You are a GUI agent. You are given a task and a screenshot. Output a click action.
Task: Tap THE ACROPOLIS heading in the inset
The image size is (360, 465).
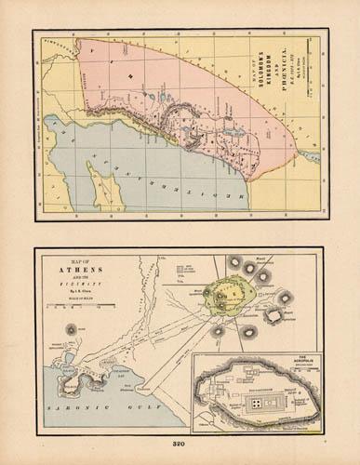click(297, 358)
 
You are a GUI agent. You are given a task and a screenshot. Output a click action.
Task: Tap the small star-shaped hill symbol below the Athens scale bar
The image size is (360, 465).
click(72, 329)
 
